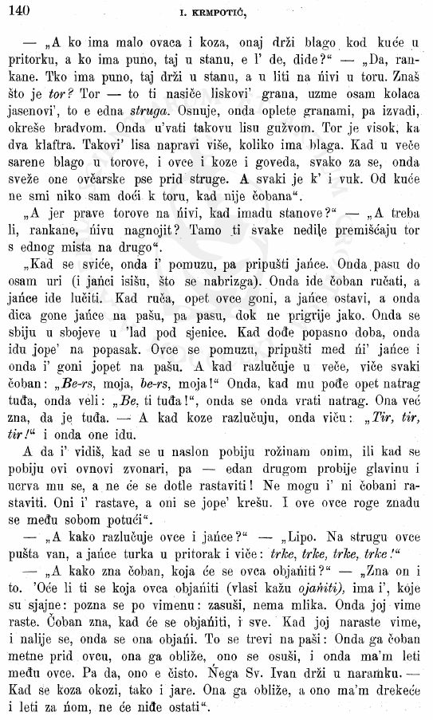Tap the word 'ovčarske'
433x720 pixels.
pyautogui.click(x=108, y=207)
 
